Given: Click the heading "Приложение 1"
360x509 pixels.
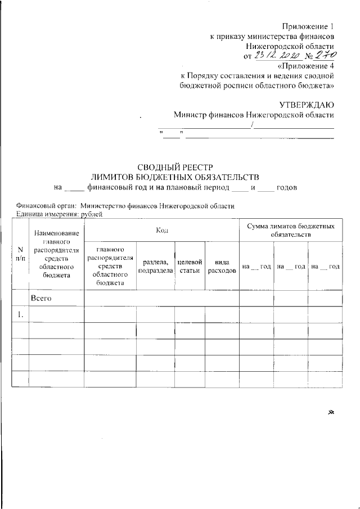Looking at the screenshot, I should (x=308, y=26).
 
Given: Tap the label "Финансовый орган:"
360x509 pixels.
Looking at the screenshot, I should (x=47, y=206).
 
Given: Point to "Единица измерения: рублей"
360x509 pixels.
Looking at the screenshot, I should (x=60, y=214).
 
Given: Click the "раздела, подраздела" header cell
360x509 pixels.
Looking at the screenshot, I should (x=155, y=266).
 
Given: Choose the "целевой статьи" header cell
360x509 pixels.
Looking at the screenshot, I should (x=189, y=266).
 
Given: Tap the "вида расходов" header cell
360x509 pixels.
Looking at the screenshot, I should (x=222, y=266).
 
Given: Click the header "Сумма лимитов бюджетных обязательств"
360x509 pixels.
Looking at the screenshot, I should (x=290, y=229).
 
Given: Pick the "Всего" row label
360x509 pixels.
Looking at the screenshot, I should (x=41, y=298).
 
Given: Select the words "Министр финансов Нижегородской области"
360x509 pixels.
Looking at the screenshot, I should (x=253, y=114).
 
